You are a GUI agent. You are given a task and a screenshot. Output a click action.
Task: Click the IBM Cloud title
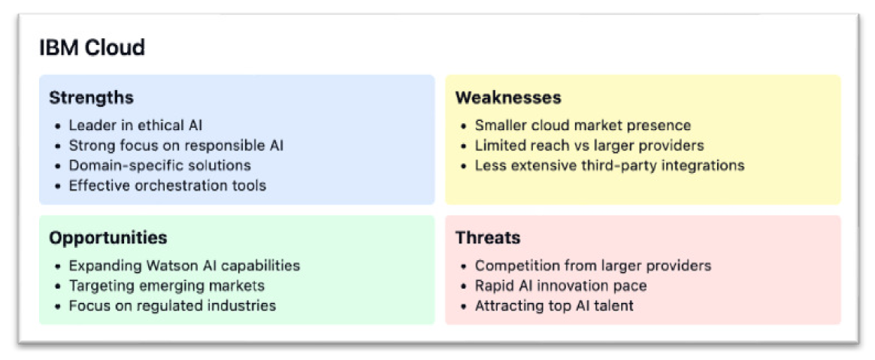tap(92, 47)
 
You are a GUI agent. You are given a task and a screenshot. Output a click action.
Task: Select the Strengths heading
tap(92, 98)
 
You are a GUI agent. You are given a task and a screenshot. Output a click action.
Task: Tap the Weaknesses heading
tap(508, 98)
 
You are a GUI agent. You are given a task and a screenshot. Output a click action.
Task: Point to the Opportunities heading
tap(108, 237)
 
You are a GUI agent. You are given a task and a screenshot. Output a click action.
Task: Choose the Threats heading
tap(489, 237)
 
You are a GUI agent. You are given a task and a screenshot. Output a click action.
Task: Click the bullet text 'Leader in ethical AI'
tap(135, 125)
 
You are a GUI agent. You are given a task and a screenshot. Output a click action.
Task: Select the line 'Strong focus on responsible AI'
tap(177, 146)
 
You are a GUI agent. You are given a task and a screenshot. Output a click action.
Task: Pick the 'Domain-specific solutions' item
tap(160, 165)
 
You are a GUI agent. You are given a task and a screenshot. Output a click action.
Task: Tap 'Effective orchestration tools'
tap(168, 186)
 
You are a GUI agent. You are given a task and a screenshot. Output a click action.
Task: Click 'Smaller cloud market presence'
tap(583, 125)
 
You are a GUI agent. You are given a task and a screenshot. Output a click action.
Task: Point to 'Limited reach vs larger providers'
tap(589, 145)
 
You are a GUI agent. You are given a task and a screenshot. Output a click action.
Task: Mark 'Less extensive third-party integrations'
tap(610, 165)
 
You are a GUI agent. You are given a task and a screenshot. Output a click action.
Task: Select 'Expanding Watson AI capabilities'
tap(185, 265)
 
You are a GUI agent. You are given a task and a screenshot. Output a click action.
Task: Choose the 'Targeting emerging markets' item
tap(167, 286)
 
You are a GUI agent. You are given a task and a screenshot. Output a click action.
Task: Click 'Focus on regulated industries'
tap(172, 306)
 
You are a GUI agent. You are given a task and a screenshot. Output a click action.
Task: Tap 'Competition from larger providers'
tap(593, 265)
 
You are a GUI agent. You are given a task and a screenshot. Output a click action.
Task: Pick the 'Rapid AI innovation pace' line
tap(561, 286)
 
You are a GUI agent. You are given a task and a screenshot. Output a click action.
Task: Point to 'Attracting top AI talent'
tap(554, 306)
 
